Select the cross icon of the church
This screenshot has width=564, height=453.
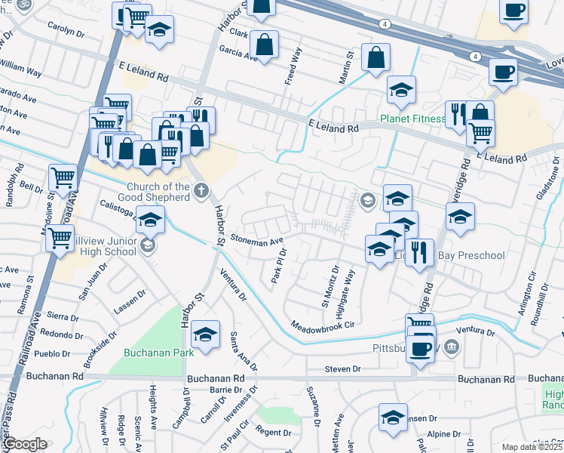[201, 190]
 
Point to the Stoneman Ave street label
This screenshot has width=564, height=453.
[256, 241]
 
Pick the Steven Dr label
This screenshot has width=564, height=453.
[343, 369]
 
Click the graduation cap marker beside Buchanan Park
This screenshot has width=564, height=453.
[205, 334]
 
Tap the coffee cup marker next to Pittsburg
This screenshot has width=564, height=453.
[421, 349]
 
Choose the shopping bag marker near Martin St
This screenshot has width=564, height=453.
[375, 57]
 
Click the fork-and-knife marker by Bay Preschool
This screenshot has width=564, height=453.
[419, 251]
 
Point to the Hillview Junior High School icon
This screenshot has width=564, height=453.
[149, 245]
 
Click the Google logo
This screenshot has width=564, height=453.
[25, 444]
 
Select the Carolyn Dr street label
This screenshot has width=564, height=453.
[66, 31]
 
